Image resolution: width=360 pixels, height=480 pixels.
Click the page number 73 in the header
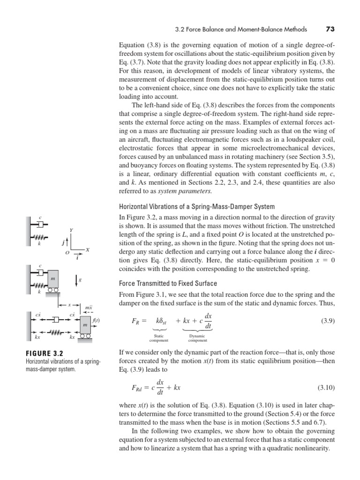pos(329,29)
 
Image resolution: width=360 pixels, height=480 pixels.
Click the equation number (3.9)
pos(327,322)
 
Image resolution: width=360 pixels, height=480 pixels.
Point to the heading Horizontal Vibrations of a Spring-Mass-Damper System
pos(196,207)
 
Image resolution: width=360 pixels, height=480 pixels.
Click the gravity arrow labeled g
pos(77,280)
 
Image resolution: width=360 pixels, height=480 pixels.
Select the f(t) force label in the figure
pos(96,321)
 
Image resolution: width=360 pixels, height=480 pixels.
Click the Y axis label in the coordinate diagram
pos(71,230)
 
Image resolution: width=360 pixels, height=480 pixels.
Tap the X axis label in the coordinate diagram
pos(87,250)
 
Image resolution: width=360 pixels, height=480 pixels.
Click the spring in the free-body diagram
pos(57,333)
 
